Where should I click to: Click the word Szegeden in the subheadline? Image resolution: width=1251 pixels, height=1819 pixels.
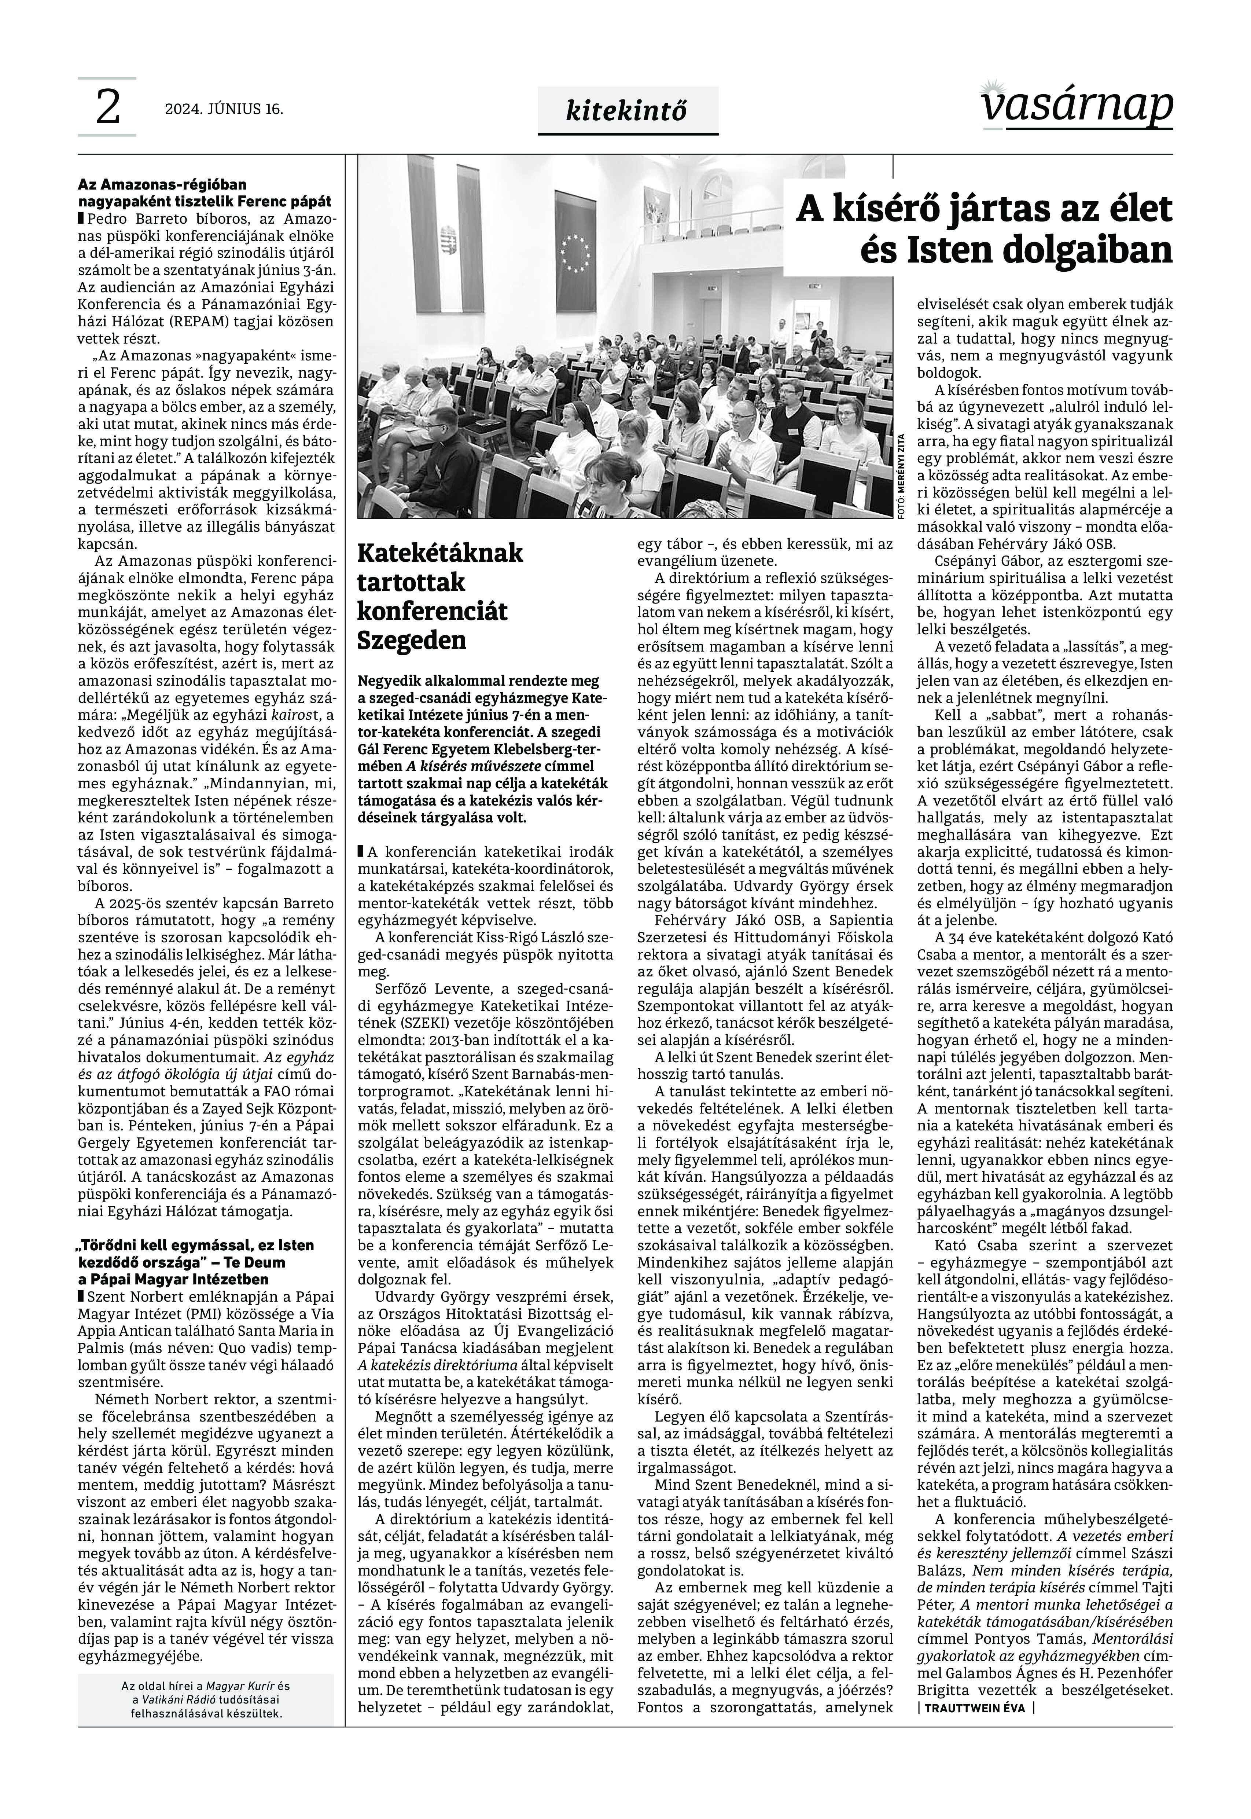click(x=412, y=640)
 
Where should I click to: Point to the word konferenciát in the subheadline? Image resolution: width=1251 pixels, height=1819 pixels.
click(x=432, y=611)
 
